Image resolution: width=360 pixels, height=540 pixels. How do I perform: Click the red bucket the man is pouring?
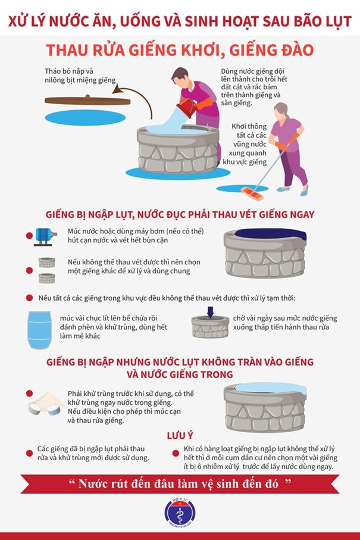click(187, 107)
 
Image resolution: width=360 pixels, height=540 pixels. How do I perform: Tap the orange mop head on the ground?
click(253, 193)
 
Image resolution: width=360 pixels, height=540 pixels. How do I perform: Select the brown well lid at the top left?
click(87, 100)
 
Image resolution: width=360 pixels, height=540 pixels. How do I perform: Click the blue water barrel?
click(40, 330)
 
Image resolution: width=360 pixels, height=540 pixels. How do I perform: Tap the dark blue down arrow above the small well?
click(210, 312)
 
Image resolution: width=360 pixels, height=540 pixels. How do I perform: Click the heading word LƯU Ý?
click(180, 436)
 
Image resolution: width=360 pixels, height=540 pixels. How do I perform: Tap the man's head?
click(180, 77)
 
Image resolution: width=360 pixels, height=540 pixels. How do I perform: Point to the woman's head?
click(281, 111)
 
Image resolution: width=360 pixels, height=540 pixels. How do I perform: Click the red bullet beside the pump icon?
click(30, 236)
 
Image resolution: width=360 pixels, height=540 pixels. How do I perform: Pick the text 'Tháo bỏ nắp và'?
click(69, 71)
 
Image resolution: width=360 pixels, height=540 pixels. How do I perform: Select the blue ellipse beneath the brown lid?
click(85, 118)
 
